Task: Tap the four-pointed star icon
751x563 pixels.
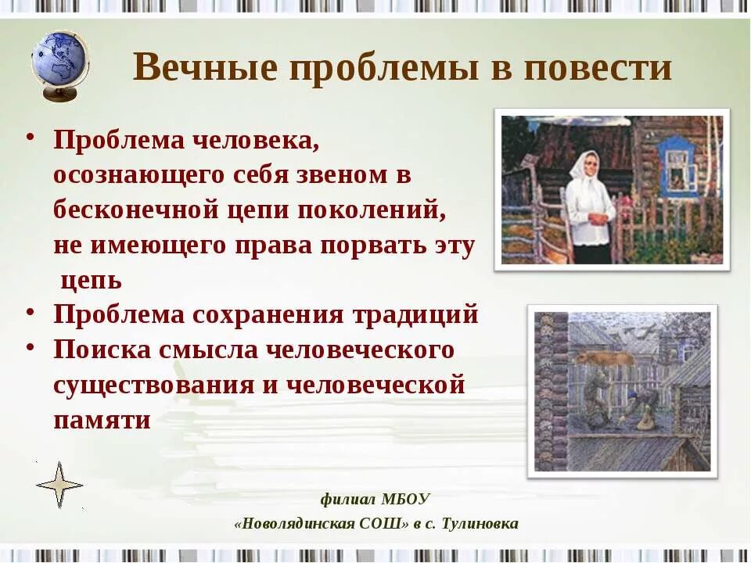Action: [x=59, y=486]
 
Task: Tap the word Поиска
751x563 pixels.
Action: [x=102, y=350]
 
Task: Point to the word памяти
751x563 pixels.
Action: [x=102, y=419]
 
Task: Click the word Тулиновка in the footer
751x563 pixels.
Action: [x=480, y=524]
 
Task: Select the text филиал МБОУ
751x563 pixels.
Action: [x=375, y=499]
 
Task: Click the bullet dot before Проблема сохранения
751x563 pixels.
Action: [x=29, y=310]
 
